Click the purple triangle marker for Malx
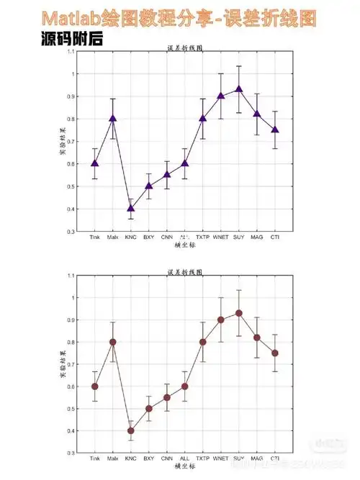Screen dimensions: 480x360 pyautogui.click(x=112, y=118)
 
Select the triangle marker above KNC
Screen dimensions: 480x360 pyautogui.click(x=130, y=208)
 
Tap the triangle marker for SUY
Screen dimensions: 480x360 pyautogui.click(x=239, y=89)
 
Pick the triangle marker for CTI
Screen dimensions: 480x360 pyautogui.click(x=275, y=130)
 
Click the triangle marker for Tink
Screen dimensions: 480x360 pyautogui.click(x=94, y=163)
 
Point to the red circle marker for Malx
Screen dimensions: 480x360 pyautogui.click(x=112, y=342)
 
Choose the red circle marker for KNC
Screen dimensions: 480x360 pyautogui.click(x=130, y=431)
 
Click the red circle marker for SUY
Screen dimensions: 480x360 pyautogui.click(x=239, y=313)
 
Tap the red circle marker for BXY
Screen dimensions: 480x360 pyautogui.click(x=148, y=409)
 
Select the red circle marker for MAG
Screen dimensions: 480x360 pyautogui.click(x=257, y=338)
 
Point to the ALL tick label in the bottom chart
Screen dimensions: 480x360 pyautogui.click(x=185, y=458)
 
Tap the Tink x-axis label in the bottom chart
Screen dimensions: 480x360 pyautogui.click(x=94, y=458)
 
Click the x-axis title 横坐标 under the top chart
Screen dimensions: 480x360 pyautogui.click(x=185, y=245)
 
